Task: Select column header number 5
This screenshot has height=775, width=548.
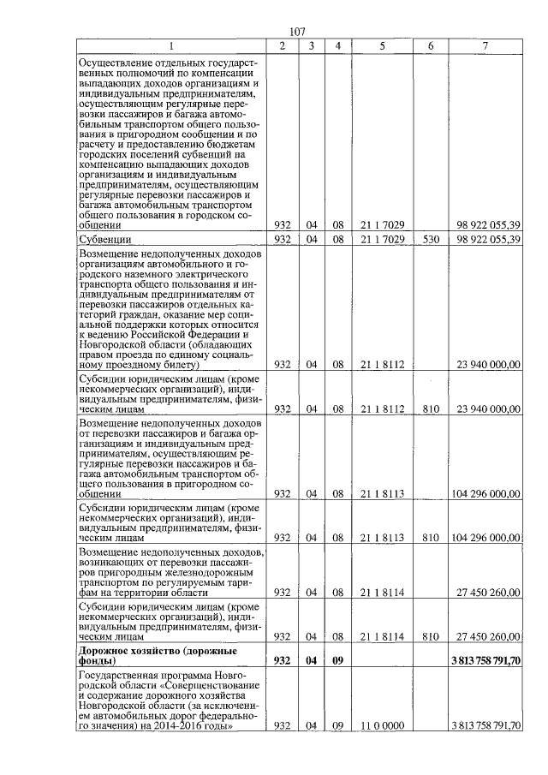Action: (x=382, y=45)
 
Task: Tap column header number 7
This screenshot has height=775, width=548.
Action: (x=485, y=45)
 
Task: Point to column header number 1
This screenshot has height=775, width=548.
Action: (x=171, y=45)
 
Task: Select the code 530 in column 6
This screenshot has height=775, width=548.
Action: (x=430, y=239)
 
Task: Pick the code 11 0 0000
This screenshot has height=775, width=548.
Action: (x=382, y=725)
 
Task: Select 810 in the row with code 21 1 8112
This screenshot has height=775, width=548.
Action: (x=430, y=409)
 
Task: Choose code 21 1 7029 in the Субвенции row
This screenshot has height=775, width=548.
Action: (x=382, y=239)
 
